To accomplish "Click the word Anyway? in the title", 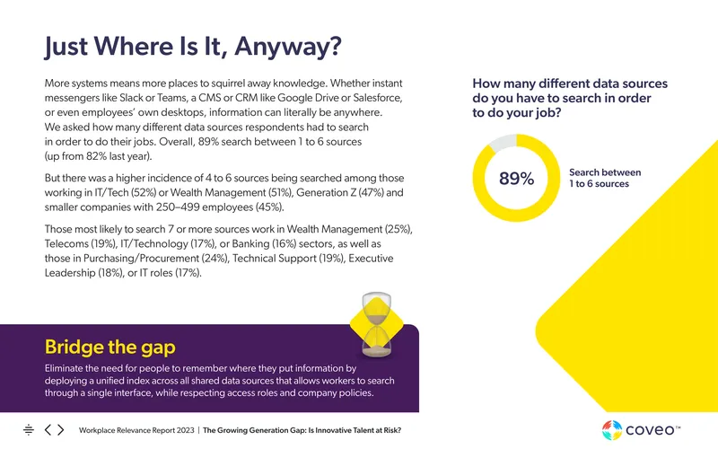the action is (x=288, y=47).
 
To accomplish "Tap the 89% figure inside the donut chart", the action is (x=517, y=178).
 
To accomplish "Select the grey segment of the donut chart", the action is (x=503, y=143).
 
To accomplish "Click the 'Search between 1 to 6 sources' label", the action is (x=605, y=178).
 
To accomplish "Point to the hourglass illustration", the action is (x=377, y=325).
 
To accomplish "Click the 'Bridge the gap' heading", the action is (x=109, y=347).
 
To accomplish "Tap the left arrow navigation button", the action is (x=48, y=430).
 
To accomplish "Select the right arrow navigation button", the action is (x=61, y=430).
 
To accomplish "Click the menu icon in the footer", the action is (x=29, y=430).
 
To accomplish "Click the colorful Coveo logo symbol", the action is (x=612, y=430).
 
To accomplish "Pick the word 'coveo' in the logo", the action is (x=650, y=430).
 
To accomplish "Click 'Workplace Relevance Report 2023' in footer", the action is (x=136, y=430).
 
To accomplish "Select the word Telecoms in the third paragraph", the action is (x=66, y=243).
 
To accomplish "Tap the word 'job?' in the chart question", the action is (x=547, y=113).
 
